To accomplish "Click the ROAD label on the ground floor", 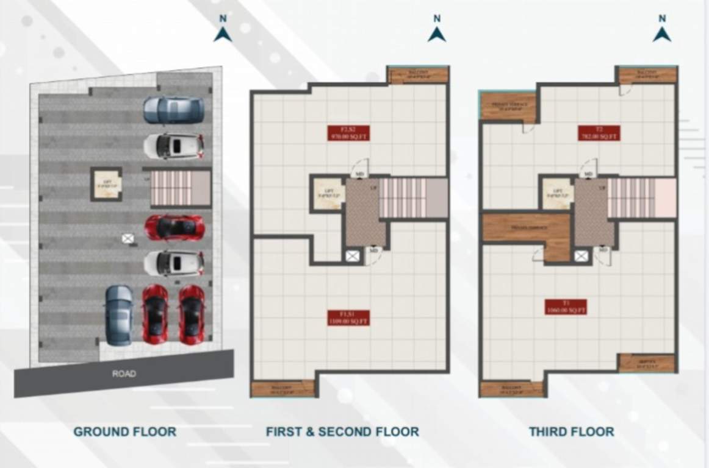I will [x=124, y=374].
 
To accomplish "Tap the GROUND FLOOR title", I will [x=125, y=432].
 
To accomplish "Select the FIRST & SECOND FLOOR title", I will [x=342, y=432].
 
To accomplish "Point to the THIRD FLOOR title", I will [x=571, y=432].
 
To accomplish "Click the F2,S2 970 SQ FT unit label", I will [x=347, y=133].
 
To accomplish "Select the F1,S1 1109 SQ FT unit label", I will [x=348, y=317].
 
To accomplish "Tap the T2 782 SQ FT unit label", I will [x=599, y=133].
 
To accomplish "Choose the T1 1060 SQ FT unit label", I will [x=566, y=307].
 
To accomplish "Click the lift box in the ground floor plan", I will [x=107, y=184].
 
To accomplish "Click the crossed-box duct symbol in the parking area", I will [x=128, y=238].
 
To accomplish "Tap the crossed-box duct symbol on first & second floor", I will [x=352, y=256].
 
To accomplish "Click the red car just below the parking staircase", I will [x=174, y=227].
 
